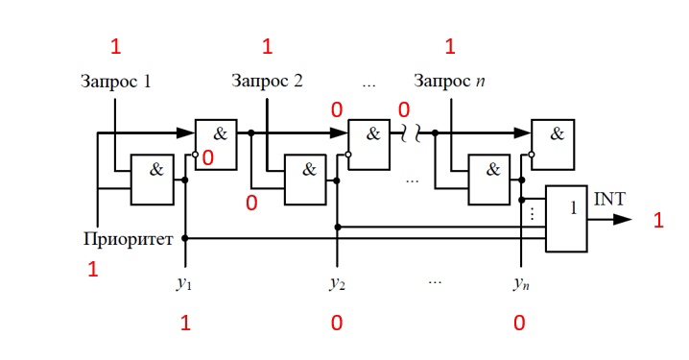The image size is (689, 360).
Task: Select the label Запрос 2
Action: pyautogui.click(x=267, y=81)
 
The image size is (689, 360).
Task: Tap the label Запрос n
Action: pyautogui.click(x=449, y=81)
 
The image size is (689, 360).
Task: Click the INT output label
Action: pyautogui.click(x=609, y=199)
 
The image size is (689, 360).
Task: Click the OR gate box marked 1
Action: pyautogui.click(x=565, y=219)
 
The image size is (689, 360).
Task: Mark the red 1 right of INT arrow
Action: pyautogui.click(x=658, y=222)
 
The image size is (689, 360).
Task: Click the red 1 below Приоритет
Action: pyautogui.click(x=93, y=270)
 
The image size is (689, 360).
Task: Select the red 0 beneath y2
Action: pyautogui.click(x=337, y=324)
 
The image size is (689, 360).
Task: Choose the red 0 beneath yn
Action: pyautogui.click(x=519, y=324)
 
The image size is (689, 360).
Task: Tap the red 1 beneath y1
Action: pyautogui.click(x=186, y=324)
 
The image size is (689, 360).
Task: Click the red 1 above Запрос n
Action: pyautogui.click(x=451, y=46)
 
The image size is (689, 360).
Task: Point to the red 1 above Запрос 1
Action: pyautogui.click(x=116, y=46)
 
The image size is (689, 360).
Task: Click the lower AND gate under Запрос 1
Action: pyautogui.click(x=152, y=180)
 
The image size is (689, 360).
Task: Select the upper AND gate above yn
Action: pyautogui.click(x=553, y=144)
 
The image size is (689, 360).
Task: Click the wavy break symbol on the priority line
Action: pyautogui.click(x=406, y=134)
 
